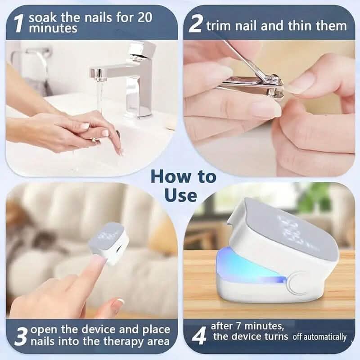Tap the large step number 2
coord(195,24)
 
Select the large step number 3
coord(21,336)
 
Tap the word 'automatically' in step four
coord(325,337)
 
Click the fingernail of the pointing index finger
coord(99,261)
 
